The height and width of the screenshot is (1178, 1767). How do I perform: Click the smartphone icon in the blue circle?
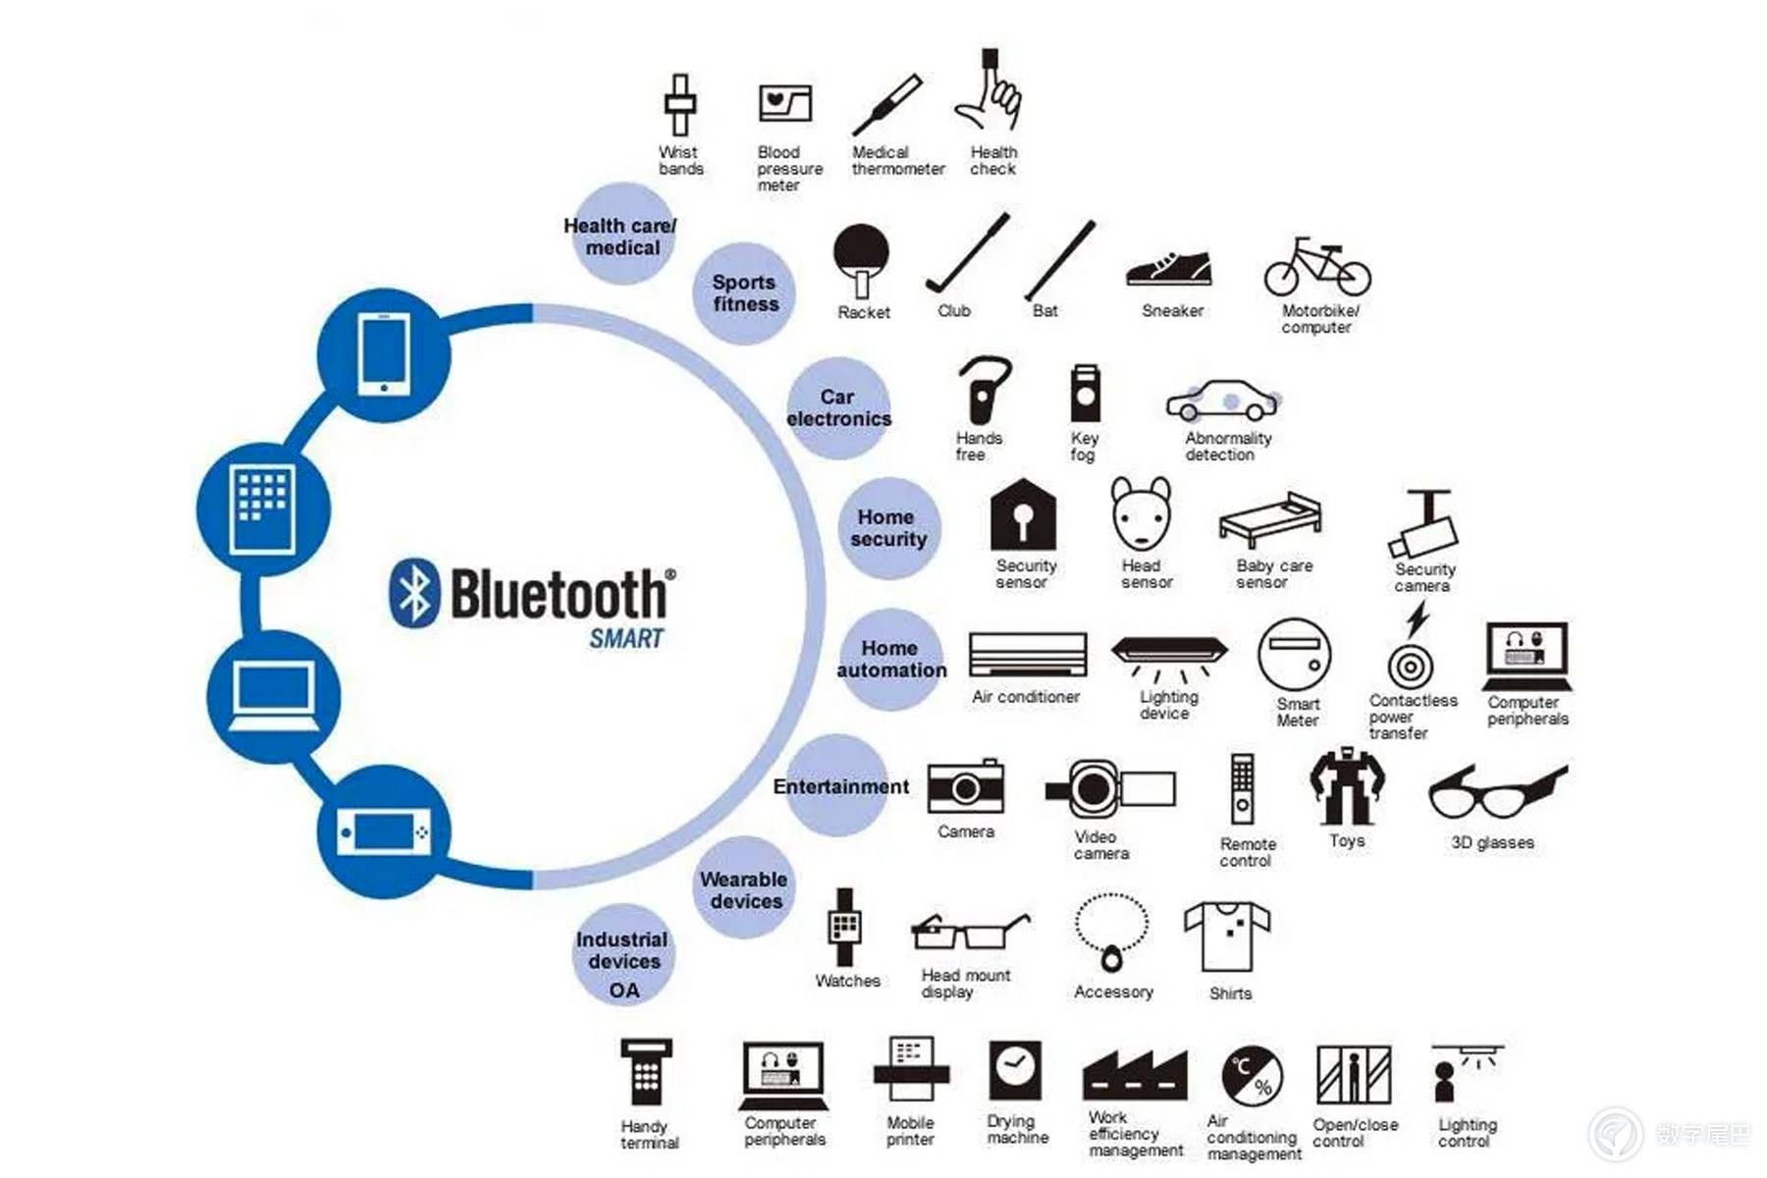click(x=384, y=353)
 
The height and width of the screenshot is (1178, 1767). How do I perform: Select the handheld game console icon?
click(x=384, y=832)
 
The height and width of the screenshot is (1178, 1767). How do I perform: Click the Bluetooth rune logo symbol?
click(x=414, y=593)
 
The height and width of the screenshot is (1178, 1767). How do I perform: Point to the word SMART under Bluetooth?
click(x=626, y=639)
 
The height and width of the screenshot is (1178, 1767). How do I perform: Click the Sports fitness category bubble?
click(x=744, y=294)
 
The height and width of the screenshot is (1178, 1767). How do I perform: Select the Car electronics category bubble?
click(x=838, y=407)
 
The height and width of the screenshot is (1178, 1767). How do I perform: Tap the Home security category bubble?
click(x=888, y=528)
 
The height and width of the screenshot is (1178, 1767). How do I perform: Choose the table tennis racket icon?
click(x=861, y=259)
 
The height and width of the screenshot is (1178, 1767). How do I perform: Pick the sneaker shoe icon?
click(x=1169, y=269)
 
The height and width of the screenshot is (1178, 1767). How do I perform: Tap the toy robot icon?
click(x=1347, y=785)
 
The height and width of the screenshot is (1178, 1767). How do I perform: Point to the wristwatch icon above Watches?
click(x=844, y=927)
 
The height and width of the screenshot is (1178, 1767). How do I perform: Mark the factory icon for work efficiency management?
click(x=1135, y=1075)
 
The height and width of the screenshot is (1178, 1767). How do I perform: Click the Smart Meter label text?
click(x=1298, y=712)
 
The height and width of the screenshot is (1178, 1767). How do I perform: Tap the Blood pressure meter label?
click(x=789, y=169)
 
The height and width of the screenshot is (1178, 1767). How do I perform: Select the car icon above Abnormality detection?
click(x=1223, y=401)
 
